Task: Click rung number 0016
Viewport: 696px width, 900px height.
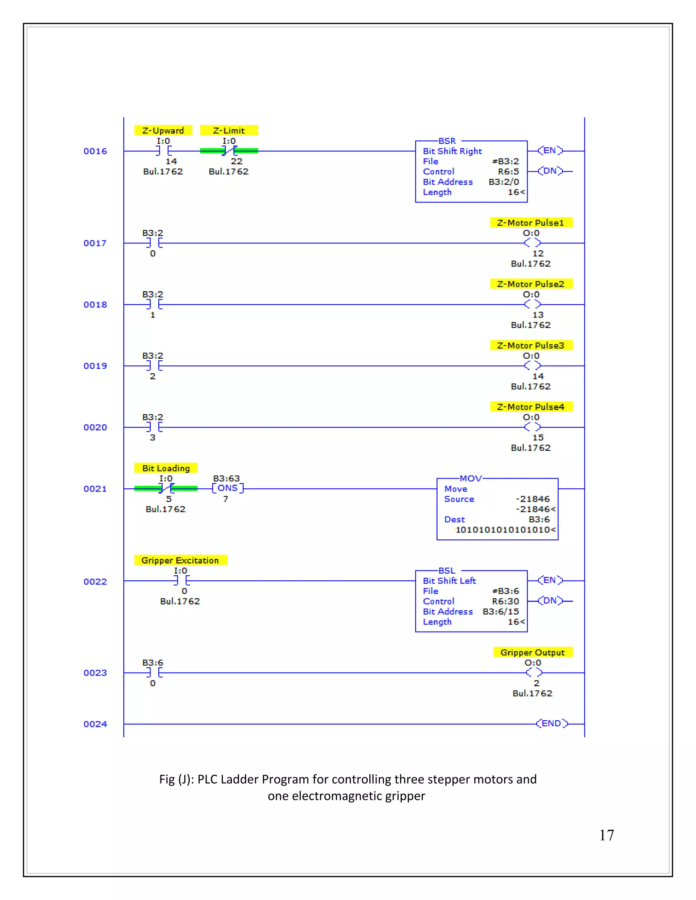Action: coord(95,151)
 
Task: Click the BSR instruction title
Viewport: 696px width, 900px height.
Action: coord(447,141)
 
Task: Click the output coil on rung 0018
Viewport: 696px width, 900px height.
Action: coord(532,305)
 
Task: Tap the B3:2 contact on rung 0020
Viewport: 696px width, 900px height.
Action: coord(153,427)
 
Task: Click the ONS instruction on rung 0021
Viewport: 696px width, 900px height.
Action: coord(228,488)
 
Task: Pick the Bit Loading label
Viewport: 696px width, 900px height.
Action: coord(166,468)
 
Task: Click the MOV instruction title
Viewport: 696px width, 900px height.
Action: coord(470,479)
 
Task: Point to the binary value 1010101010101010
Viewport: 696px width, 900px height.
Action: coord(505,529)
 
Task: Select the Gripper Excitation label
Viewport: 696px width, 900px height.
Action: coord(180,560)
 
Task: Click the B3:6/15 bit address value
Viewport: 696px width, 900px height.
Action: coord(501,612)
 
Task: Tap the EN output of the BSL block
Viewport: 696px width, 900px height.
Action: coord(550,580)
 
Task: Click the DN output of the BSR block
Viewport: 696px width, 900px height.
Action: coord(550,171)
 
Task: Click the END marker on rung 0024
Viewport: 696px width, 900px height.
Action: coord(552,724)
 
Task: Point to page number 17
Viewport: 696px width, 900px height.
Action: coord(607,835)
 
